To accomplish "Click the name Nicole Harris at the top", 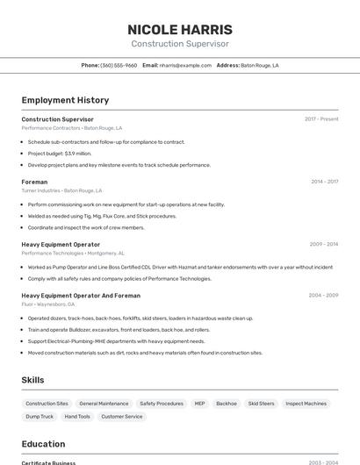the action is click(180, 29).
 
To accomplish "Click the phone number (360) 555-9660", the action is click(119, 65).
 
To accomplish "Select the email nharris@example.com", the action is click(185, 65).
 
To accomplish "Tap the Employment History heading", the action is click(65, 100).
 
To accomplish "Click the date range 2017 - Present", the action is click(321, 118).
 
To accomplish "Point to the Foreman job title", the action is click(34, 182).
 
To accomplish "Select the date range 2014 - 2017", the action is click(324, 182).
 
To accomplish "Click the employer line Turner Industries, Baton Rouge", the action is click(61, 190).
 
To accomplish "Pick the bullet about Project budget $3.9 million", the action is click(60, 154).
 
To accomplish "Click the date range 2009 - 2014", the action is click(324, 244).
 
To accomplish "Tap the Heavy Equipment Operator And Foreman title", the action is click(81, 296).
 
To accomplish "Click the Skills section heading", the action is click(33, 380).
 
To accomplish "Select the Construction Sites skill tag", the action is click(47, 404).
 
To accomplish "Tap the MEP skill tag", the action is click(199, 404).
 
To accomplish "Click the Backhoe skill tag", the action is click(227, 404).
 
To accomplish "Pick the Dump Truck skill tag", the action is click(40, 417).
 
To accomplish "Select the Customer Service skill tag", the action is click(122, 417).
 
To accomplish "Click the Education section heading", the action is click(43, 444).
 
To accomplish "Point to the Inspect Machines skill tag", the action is click(306, 404).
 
